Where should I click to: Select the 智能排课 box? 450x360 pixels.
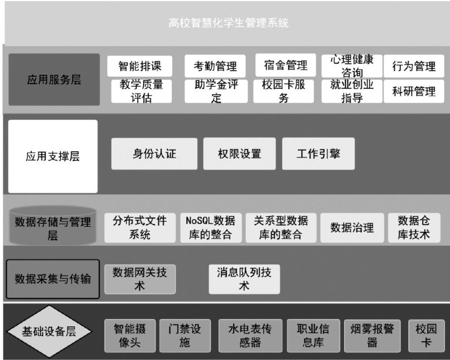(x=139, y=66)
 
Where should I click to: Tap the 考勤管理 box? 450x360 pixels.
(x=215, y=66)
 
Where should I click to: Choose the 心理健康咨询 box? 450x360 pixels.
(x=352, y=66)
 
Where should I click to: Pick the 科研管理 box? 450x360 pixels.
(x=414, y=91)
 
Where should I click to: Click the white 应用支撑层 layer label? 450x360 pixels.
(x=53, y=156)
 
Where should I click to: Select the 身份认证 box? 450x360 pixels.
(x=154, y=154)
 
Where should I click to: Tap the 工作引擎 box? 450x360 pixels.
(x=318, y=154)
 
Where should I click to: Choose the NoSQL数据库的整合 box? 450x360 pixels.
(x=210, y=227)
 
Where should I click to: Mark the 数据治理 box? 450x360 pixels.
(x=352, y=227)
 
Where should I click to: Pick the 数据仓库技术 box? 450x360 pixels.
(x=414, y=227)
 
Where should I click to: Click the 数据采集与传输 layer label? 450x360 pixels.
(x=53, y=279)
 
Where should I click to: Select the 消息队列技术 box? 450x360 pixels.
(x=244, y=279)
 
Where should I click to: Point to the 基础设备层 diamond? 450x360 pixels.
(x=48, y=332)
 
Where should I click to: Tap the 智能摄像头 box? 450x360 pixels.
(x=129, y=336)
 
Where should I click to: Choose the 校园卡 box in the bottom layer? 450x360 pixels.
(x=426, y=336)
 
